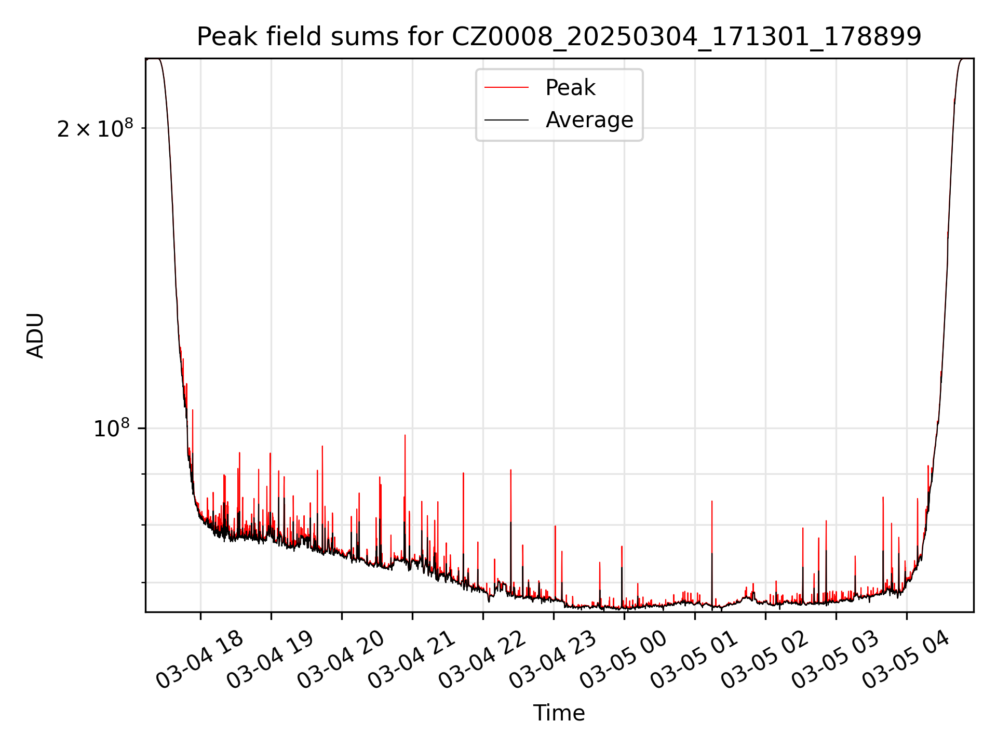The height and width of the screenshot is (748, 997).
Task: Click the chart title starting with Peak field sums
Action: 559,37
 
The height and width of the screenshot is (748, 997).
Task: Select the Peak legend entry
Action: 570,88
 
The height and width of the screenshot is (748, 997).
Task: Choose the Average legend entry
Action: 589,120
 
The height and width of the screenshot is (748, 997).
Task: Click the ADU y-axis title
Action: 35,336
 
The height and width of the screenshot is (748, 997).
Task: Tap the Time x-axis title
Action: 559,713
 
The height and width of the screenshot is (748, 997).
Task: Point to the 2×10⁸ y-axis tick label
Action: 95,129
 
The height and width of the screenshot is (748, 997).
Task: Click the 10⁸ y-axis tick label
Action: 111,429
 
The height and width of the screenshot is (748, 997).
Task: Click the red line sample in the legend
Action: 506,88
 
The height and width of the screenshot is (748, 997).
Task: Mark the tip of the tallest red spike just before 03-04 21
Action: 405,435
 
